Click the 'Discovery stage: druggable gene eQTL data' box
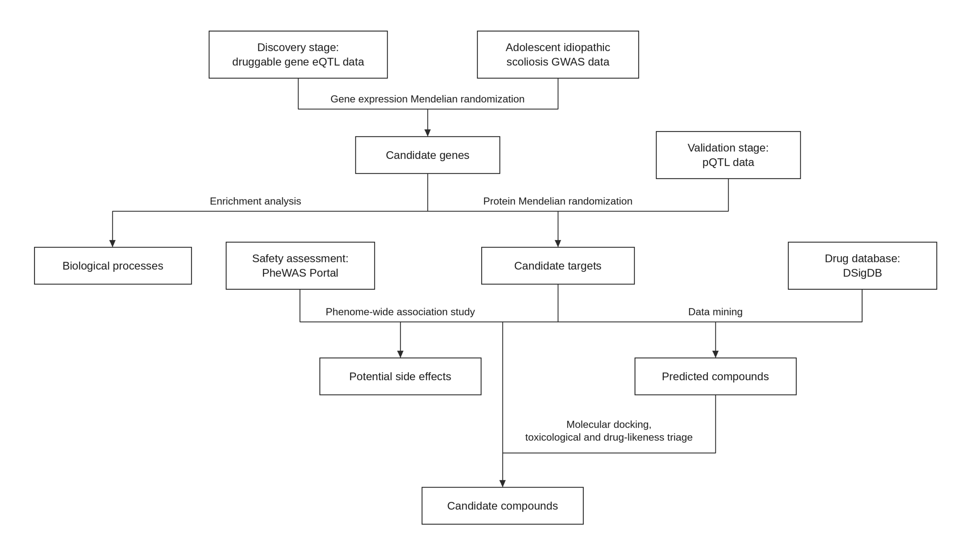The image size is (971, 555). point(298,55)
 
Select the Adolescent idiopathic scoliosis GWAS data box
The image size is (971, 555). point(558,55)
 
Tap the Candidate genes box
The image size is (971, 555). point(427,155)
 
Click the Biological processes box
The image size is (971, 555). point(113,266)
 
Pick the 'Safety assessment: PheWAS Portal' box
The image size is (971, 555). point(300,266)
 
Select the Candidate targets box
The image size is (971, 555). point(558,266)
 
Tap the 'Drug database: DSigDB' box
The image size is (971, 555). point(862,266)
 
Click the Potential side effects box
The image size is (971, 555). point(400,376)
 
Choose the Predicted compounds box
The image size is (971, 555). point(715,376)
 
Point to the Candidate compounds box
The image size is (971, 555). point(502,506)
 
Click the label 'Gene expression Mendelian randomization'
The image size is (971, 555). point(427,99)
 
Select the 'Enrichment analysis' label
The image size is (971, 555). point(256,201)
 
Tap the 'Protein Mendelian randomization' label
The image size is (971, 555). point(558,201)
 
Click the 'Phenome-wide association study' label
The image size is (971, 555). point(400,312)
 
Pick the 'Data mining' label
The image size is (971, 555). point(715,312)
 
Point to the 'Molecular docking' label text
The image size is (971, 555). point(609,425)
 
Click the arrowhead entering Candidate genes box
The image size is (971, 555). point(427,133)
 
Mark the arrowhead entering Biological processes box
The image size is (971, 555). point(113,243)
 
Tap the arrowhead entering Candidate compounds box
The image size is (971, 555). point(502,483)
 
